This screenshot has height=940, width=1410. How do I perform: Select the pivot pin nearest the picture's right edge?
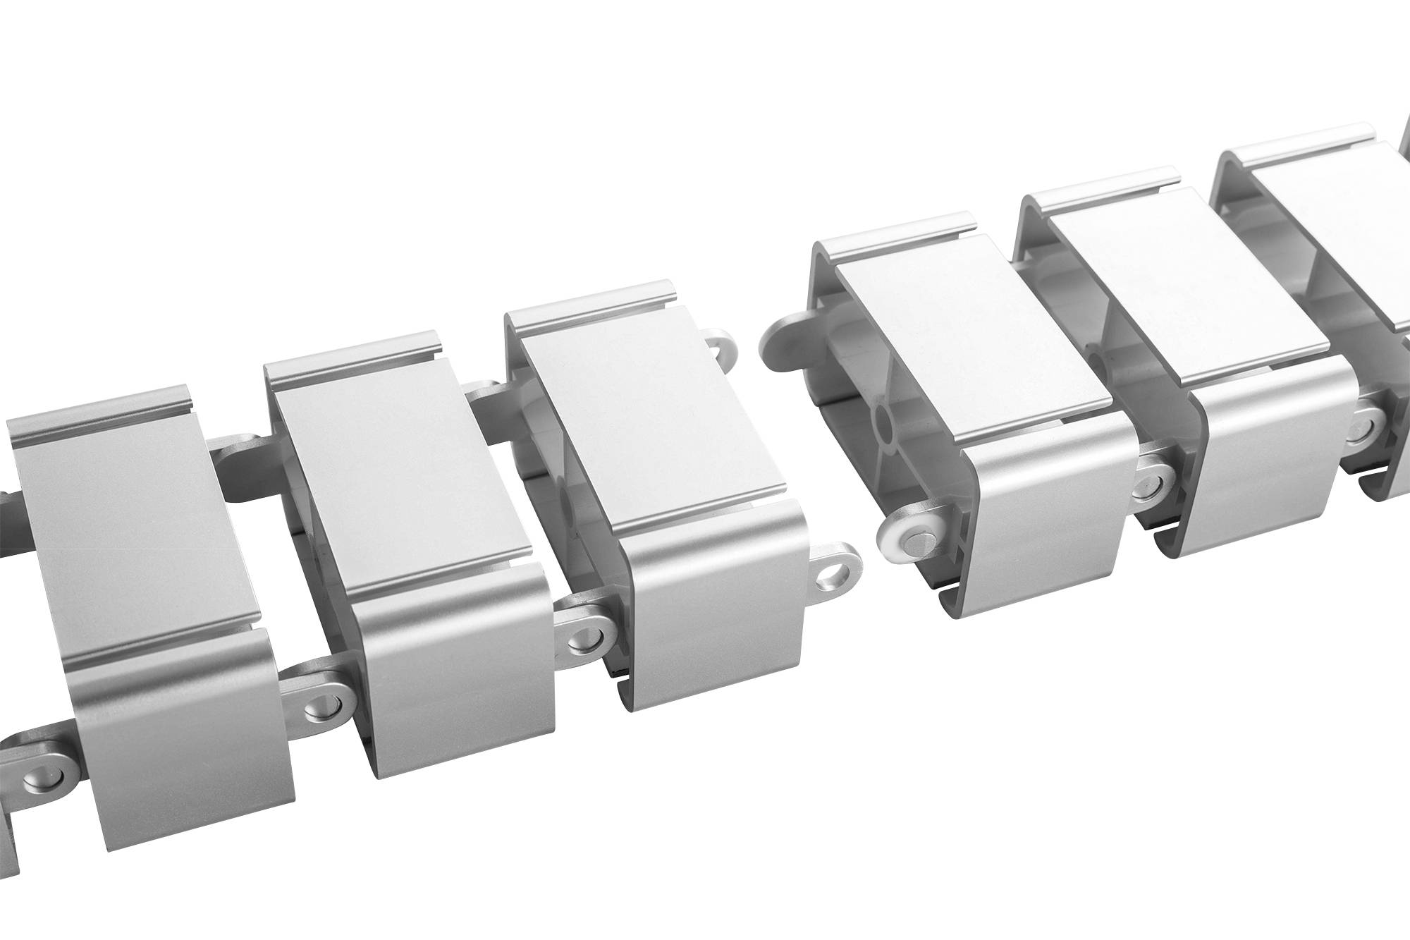(1359, 431)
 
